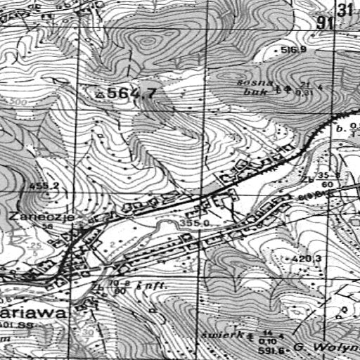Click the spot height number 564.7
click(133, 93)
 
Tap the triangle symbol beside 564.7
click(101, 93)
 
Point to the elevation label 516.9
click(294, 50)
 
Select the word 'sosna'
click(250, 83)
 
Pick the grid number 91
click(324, 23)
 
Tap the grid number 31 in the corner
click(345, 9)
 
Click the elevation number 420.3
click(309, 259)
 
